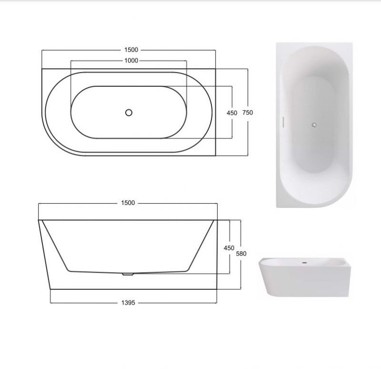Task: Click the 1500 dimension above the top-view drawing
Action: [131, 50]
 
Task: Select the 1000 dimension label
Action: [131, 61]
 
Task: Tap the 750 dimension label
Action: [248, 113]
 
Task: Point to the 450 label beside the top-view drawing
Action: [232, 113]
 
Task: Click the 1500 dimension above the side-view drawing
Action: [128, 203]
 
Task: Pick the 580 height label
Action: [241, 254]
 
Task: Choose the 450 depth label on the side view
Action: [229, 248]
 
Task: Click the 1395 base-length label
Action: [128, 303]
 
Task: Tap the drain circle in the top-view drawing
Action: [129, 113]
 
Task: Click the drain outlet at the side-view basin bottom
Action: [128, 274]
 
